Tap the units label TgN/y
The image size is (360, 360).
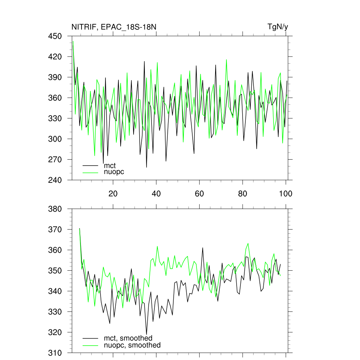278,27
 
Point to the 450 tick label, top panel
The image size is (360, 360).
56,36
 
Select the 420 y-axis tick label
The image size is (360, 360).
56,57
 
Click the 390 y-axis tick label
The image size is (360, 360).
56,77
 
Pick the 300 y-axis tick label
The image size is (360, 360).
56,139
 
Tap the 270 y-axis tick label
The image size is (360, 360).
56,160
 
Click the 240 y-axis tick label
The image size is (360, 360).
56,180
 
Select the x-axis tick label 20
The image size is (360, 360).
112,193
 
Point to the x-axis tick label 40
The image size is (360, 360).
156,193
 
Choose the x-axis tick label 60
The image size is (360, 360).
199,193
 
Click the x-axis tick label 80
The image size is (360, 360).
243,193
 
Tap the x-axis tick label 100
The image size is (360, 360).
285,193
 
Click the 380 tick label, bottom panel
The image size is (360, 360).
56,209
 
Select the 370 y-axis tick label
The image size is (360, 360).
56,230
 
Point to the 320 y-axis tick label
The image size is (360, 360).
56,332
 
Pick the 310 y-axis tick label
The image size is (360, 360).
56,353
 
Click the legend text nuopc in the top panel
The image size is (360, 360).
114,172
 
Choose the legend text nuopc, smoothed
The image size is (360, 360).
132,345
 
